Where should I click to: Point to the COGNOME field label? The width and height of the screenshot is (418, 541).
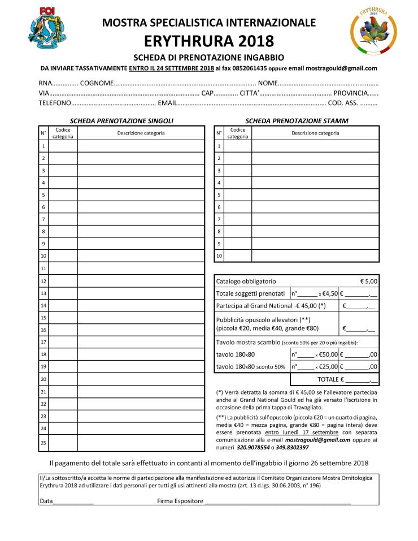97,83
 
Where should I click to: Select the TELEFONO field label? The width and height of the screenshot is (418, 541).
54,103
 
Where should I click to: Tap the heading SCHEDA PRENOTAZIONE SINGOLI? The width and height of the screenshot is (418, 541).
121,121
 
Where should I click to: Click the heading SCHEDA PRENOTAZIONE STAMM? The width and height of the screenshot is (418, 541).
297,121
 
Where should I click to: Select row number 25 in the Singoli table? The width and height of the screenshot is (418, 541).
43,442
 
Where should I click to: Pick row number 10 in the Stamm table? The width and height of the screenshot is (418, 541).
219,256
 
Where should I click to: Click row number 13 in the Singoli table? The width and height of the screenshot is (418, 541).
43,293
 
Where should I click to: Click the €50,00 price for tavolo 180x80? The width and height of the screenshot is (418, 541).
328,354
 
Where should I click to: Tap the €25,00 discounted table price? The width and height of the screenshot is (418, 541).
328,366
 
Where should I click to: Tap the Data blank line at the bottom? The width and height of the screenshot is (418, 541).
73,501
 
